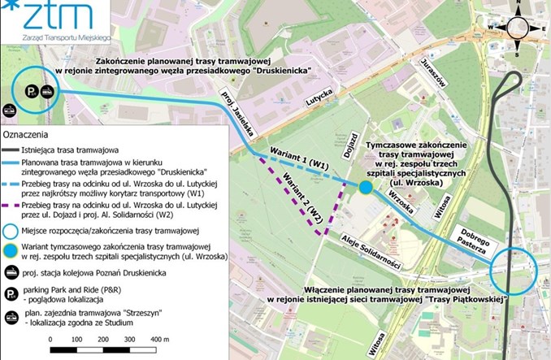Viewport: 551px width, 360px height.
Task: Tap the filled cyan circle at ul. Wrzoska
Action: (x=366, y=188)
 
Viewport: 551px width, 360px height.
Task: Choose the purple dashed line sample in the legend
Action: (x=14, y=212)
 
